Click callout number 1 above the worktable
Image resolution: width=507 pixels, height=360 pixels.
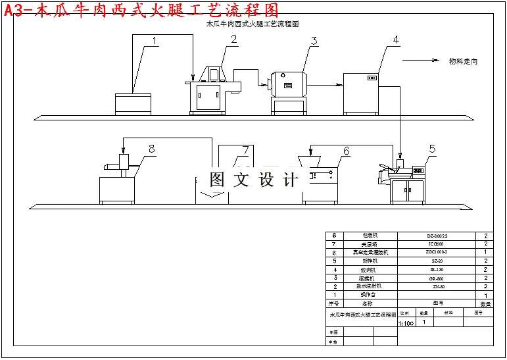pos(155,41)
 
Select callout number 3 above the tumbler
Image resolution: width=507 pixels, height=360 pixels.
pos(314,41)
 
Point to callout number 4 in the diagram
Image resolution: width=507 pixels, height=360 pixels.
pos(396,40)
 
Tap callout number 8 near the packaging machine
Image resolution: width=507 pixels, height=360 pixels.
pos(152,149)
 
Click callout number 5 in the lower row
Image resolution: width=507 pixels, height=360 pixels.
pos(432,149)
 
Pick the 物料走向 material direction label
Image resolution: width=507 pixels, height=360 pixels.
pos(463,61)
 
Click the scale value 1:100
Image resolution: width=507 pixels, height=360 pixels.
pos(406,324)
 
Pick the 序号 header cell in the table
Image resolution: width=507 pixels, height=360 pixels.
pos(333,304)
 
